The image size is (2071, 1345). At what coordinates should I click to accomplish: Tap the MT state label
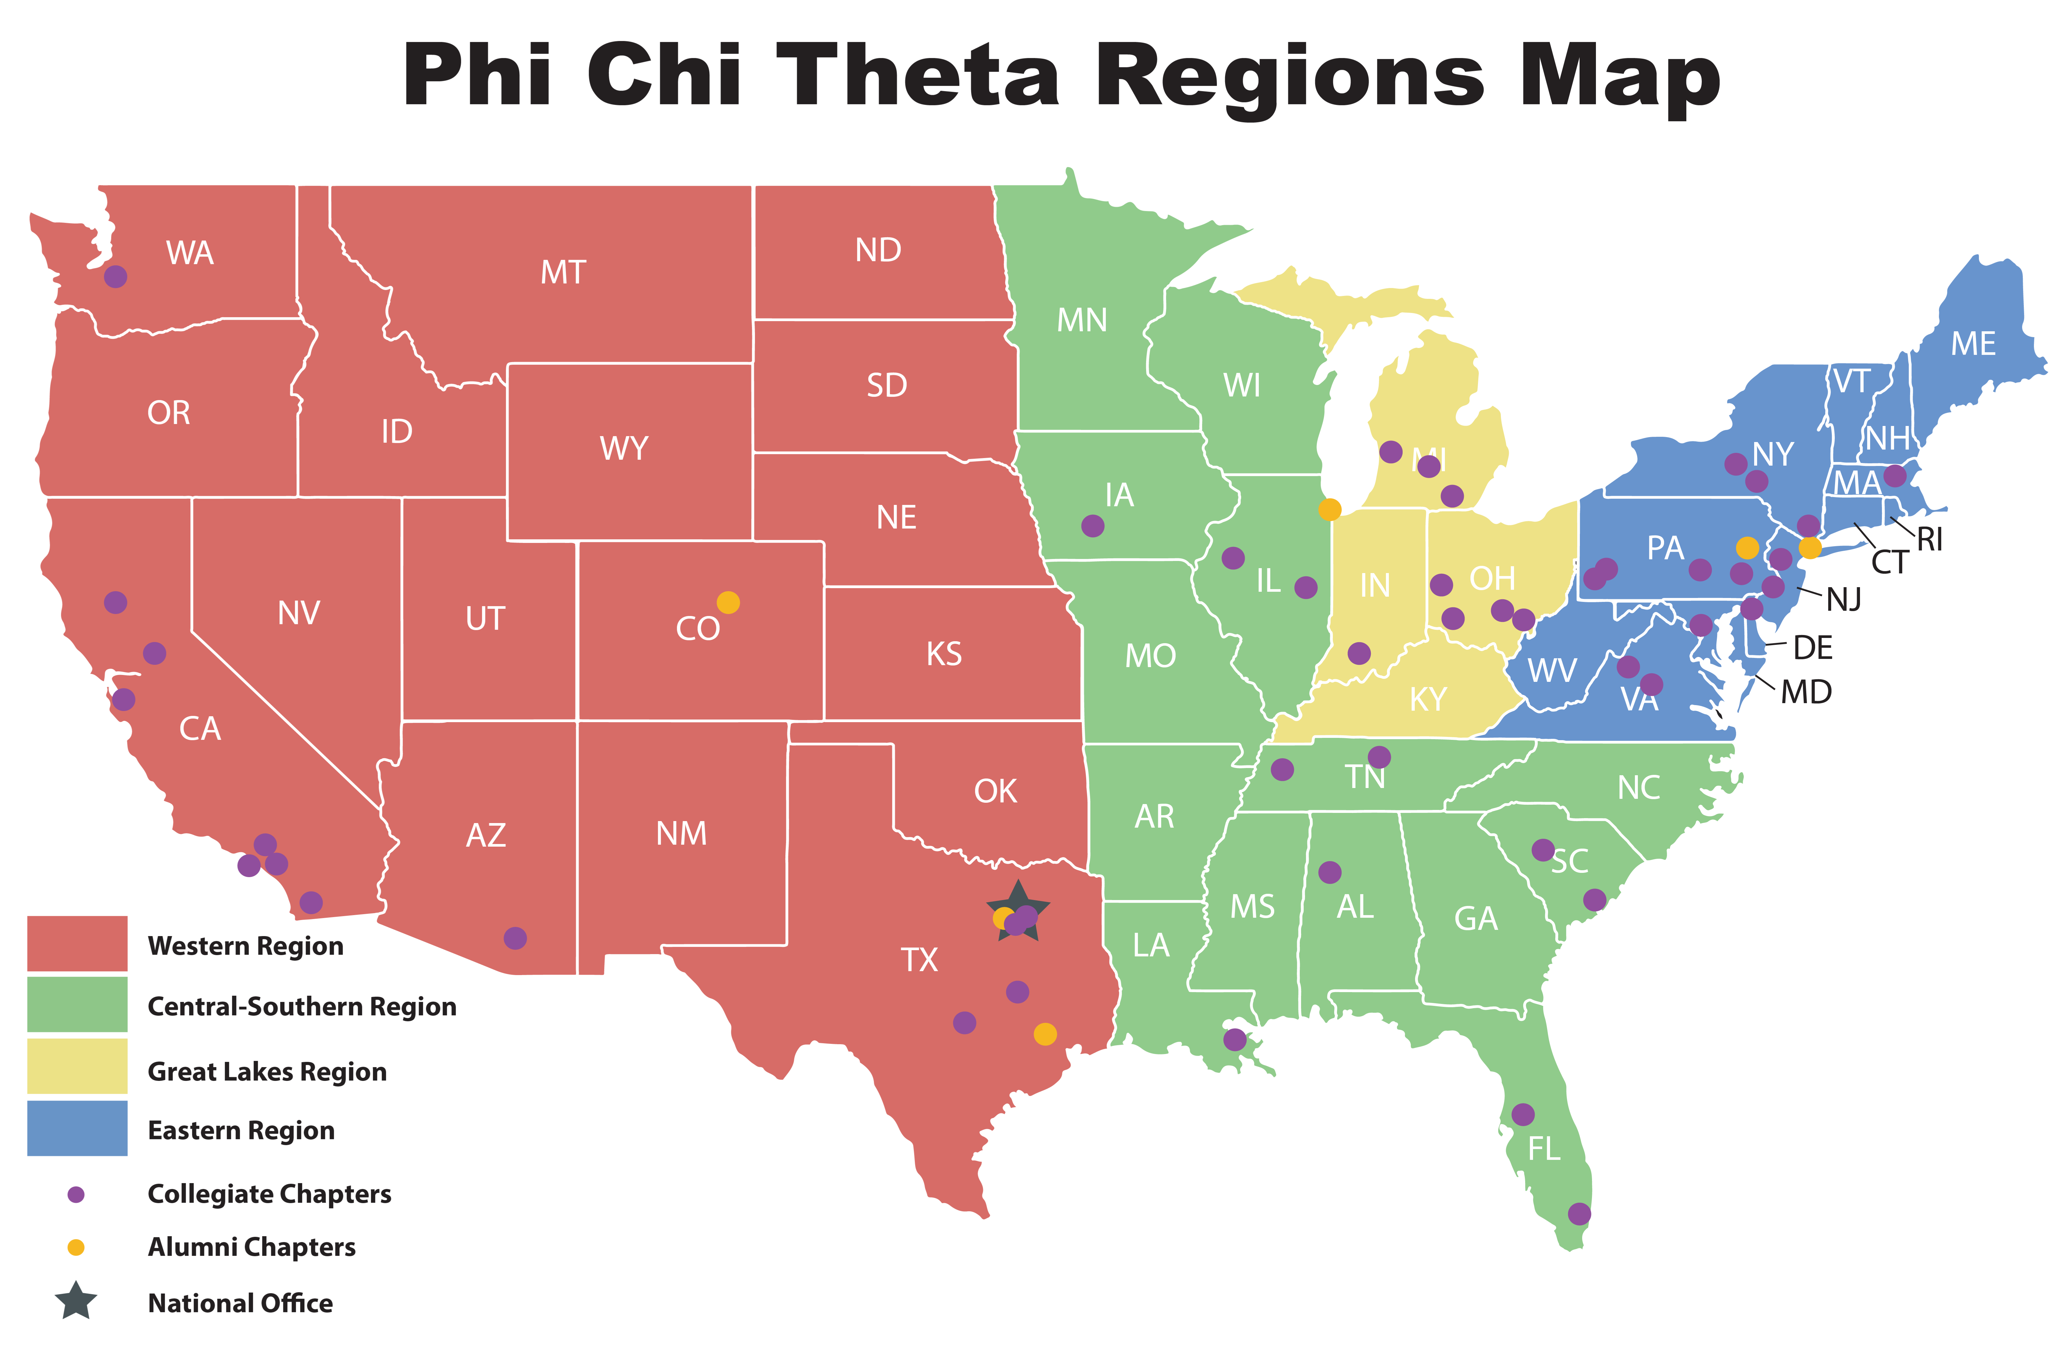tap(563, 272)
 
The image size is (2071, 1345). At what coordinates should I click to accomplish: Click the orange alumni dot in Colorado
tap(728, 602)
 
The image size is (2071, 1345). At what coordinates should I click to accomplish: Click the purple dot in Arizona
tap(515, 938)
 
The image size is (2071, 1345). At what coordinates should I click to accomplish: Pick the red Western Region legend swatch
tap(77, 943)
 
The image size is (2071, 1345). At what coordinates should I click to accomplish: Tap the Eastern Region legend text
tap(241, 1130)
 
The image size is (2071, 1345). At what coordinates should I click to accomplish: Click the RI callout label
tap(1929, 540)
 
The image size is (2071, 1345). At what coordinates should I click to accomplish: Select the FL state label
tap(1544, 1149)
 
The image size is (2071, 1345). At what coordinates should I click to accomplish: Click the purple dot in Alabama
tap(1330, 872)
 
